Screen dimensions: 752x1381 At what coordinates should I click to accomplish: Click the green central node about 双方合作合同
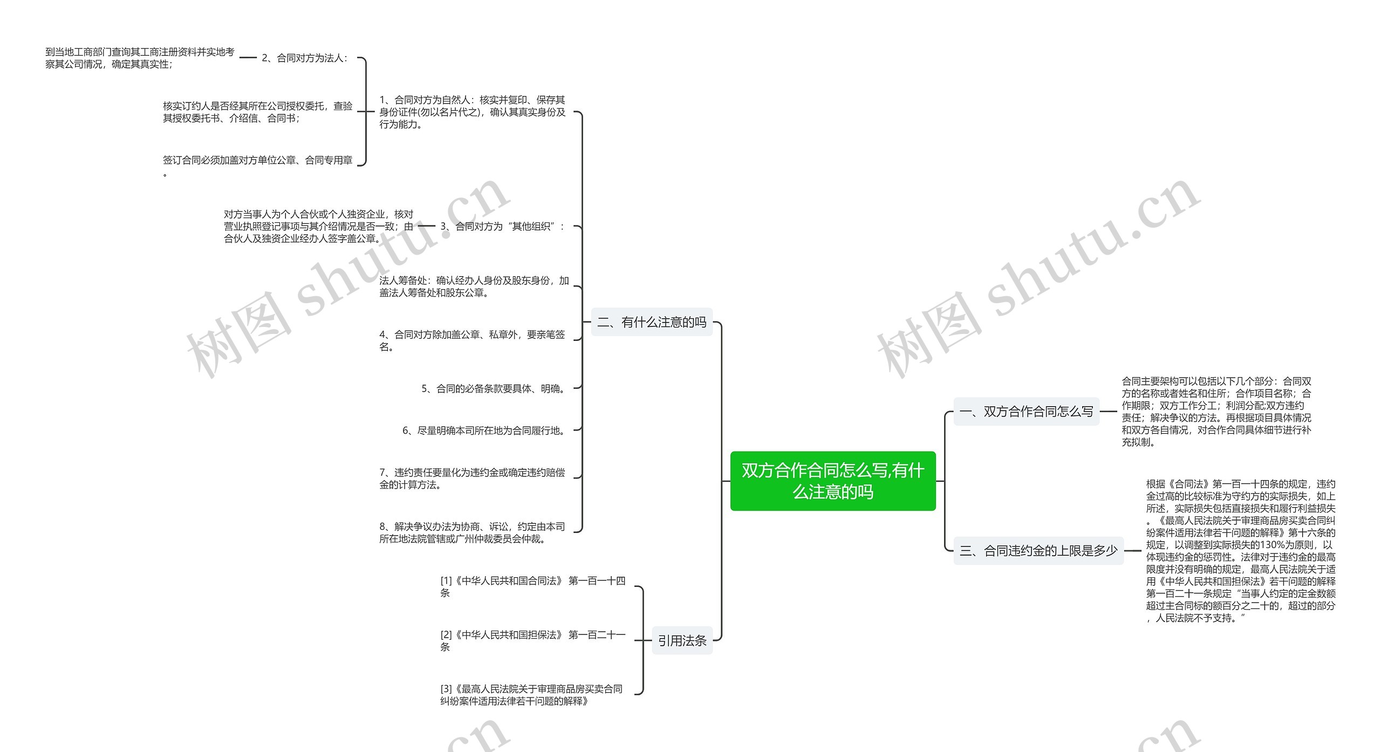point(832,481)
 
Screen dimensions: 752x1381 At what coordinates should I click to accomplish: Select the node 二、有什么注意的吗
point(652,322)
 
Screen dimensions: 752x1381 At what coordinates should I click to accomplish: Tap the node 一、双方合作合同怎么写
point(1026,412)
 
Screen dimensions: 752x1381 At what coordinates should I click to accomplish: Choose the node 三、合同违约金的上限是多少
point(1038,551)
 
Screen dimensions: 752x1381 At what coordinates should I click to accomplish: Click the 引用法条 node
point(682,640)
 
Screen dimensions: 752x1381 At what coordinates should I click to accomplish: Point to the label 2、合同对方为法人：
point(305,58)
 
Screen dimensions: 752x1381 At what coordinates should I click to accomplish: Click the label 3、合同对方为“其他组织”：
point(502,227)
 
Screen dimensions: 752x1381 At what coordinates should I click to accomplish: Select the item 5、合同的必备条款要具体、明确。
point(494,388)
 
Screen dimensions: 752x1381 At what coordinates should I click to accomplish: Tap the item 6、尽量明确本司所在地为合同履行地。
point(484,430)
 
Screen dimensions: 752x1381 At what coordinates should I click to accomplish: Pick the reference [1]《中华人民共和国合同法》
point(532,586)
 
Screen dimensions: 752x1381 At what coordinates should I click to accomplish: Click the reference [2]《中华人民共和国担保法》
point(532,640)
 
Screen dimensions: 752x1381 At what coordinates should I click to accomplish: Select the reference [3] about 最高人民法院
point(531,695)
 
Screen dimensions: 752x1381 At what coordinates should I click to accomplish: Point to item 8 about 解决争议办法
point(472,532)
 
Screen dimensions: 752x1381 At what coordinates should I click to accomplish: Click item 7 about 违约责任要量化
point(472,478)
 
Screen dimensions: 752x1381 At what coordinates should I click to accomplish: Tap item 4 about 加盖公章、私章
point(472,340)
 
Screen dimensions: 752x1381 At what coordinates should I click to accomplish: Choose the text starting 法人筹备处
point(474,286)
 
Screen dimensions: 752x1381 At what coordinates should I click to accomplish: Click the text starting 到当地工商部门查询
point(140,58)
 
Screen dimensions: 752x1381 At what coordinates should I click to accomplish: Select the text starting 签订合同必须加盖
point(257,161)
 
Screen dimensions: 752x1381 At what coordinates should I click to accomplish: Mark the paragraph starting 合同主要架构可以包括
point(1216,412)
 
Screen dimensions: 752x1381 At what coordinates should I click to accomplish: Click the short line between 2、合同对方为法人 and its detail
point(248,58)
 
